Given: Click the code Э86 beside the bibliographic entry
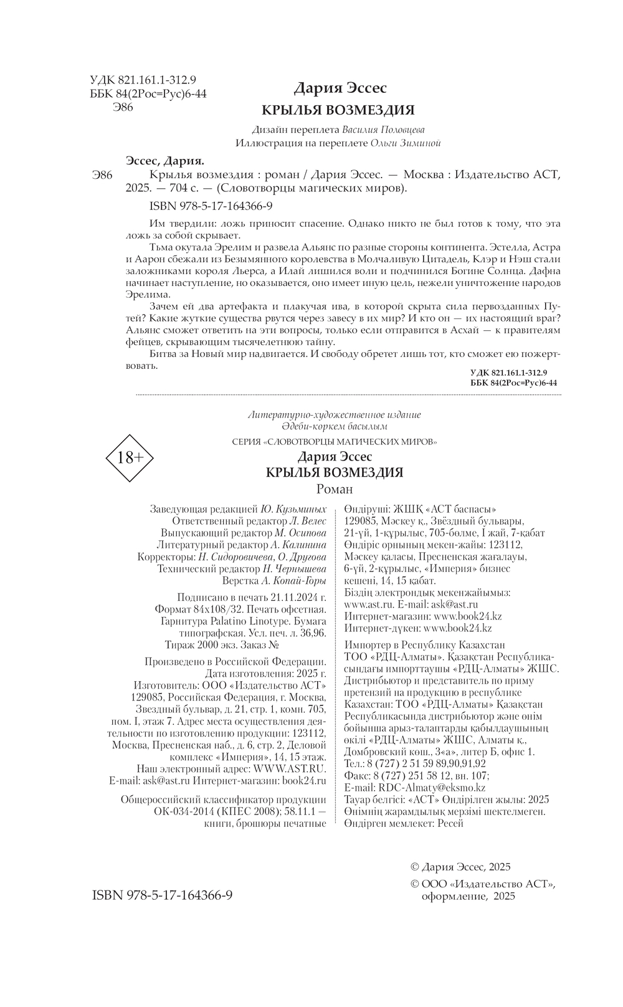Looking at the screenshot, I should coord(102,175).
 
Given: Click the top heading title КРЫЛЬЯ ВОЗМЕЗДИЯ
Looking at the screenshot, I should coord(338,110).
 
